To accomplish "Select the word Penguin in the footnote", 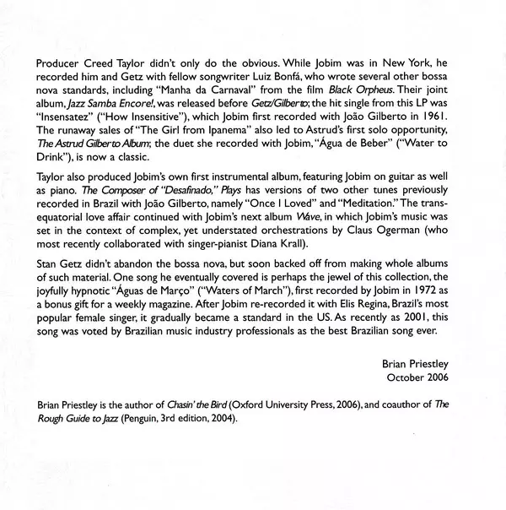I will point(143,454).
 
